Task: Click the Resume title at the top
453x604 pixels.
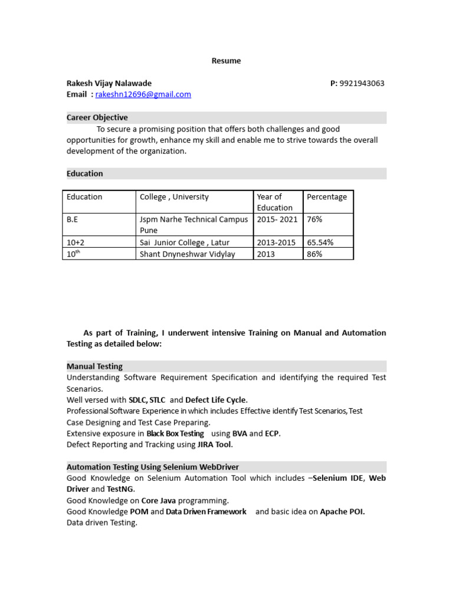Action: (226, 61)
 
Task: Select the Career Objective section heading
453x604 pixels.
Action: (97, 117)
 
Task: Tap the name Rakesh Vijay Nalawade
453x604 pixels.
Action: (109, 83)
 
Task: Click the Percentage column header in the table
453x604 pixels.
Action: (327, 197)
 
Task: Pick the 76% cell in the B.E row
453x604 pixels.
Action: (314, 219)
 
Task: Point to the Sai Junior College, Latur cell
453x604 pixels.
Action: (185, 242)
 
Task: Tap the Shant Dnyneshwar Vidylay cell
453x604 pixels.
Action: (187, 254)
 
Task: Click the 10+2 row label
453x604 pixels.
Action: (75, 242)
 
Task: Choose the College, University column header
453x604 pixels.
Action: (174, 197)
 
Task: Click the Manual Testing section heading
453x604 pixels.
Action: (95, 366)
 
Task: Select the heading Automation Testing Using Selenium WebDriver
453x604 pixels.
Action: (153, 467)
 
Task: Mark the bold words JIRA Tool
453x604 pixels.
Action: (214, 445)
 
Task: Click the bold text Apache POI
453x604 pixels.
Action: (342, 512)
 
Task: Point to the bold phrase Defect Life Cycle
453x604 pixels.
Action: (216, 400)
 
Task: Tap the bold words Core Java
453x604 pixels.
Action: (159, 501)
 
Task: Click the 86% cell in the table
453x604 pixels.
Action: (314, 254)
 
